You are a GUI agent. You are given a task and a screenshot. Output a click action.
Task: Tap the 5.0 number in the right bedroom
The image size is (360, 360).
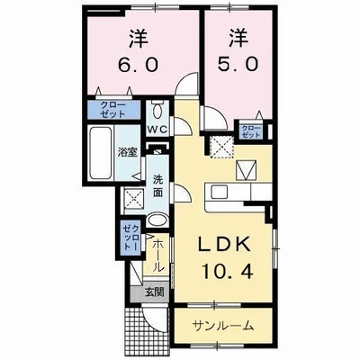237,66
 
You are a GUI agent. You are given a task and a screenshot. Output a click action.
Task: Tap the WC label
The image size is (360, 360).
158,129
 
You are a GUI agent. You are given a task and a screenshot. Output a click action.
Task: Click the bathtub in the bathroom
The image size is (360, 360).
101,153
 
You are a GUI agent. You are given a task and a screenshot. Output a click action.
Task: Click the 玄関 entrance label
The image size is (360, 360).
156,292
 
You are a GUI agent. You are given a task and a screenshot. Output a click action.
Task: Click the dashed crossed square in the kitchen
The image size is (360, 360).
220,144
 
